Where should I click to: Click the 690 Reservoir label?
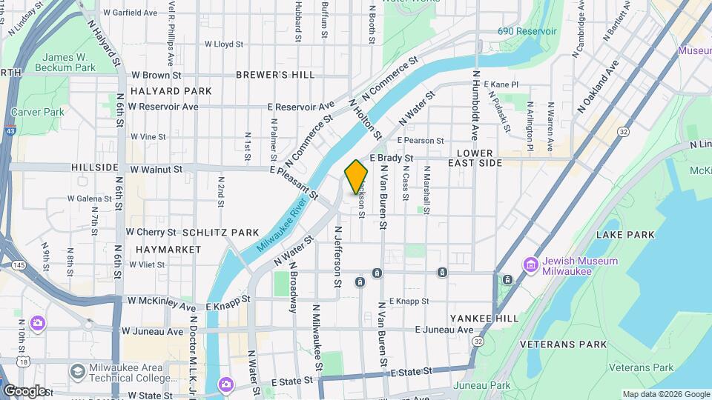(x=527, y=32)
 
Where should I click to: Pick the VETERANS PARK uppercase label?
(x=563, y=344)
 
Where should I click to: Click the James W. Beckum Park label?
(x=69, y=62)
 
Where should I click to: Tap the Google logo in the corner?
(x=24, y=390)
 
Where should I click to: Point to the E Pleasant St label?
(x=294, y=183)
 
